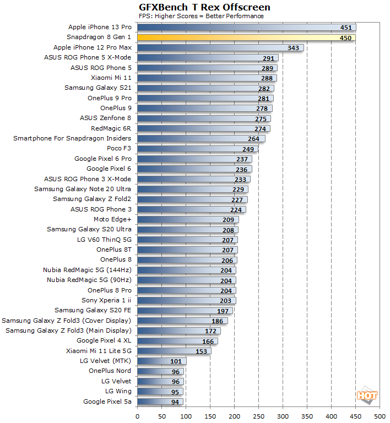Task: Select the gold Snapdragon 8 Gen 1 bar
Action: click(x=246, y=37)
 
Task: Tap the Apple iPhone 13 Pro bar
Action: click(x=246, y=27)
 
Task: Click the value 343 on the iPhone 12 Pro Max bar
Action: click(x=292, y=47)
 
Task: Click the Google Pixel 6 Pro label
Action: click(x=103, y=159)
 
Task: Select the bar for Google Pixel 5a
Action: click(x=160, y=402)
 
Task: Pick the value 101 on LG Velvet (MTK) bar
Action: click(x=175, y=361)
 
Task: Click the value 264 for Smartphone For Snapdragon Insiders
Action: click(x=253, y=139)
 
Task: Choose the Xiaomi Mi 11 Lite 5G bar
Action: click(x=174, y=351)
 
